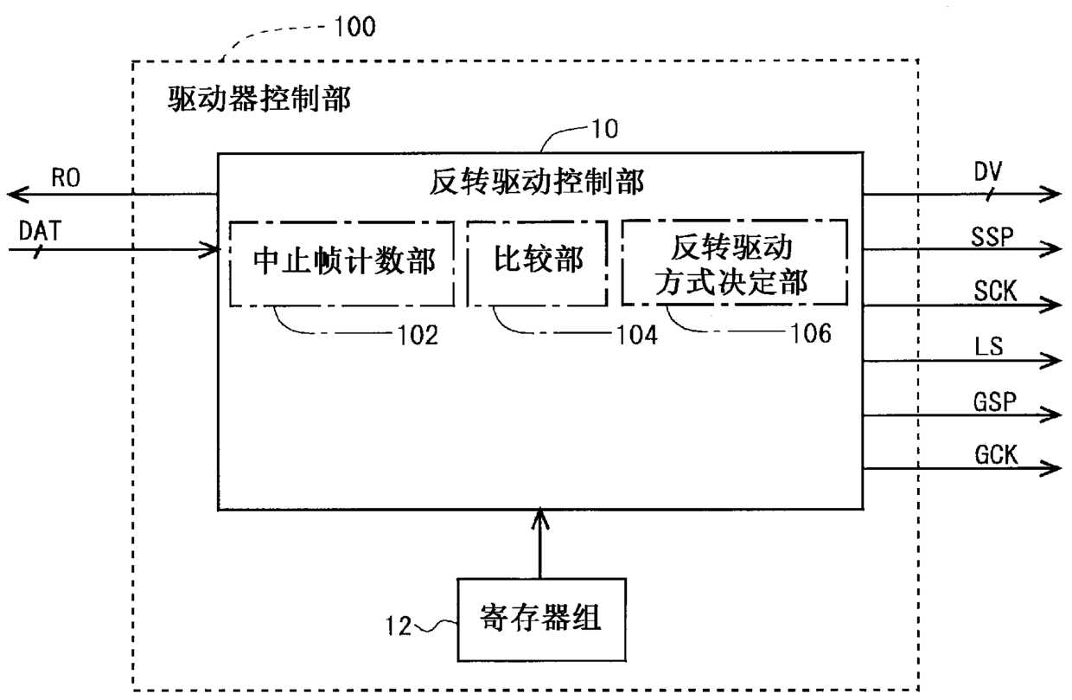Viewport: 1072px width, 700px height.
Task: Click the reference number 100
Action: click(x=354, y=26)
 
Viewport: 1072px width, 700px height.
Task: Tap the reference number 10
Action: click(x=605, y=128)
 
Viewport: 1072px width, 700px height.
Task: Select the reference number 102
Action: click(x=418, y=335)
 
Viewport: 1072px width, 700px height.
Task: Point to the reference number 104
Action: click(x=637, y=335)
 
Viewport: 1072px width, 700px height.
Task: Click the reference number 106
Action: click(x=811, y=333)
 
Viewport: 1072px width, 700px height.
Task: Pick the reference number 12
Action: click(x=399, y=626)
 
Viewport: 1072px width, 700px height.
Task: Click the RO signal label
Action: click(x=66, y=177)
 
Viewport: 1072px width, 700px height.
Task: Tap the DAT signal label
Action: click(x=40, y=231)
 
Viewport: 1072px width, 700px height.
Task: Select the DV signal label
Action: click(x=988, y=171)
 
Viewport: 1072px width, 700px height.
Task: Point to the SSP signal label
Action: click(x=992, y=236)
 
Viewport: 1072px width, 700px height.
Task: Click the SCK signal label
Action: click(x=995, y=291)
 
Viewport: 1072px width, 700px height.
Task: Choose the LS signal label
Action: click(x=989, y=346)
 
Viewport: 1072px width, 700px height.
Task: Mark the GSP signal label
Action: click(x=994, y=401)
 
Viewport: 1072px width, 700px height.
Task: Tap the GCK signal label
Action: click(x=996, y=454)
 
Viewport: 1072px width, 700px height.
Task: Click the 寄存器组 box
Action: click(x=541, y=620)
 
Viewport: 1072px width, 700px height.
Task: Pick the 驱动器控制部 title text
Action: click(x=258, y=100)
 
